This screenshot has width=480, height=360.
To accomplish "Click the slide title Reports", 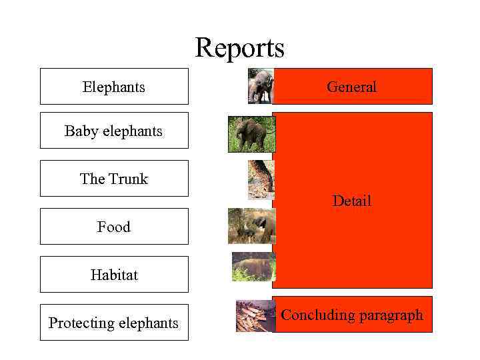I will coord(239,48).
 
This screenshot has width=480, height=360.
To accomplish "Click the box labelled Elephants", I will coord(114,87).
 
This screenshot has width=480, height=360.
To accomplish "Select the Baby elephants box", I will coord(114,131).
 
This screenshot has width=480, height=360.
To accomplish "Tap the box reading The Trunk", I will coord(114,179).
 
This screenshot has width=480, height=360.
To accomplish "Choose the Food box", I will coord(114,227).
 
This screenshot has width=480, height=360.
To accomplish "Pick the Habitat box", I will coord(114,275).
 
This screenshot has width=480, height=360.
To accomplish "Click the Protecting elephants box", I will coord(114,323).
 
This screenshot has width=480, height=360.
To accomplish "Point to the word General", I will coord(351,87).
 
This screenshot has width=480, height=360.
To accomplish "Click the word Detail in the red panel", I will coord(351,201).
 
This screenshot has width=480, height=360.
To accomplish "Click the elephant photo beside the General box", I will coord(261,86).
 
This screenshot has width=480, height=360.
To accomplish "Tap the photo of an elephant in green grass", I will coord(251,134).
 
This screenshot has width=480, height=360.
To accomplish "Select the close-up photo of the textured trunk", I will coord(261,179).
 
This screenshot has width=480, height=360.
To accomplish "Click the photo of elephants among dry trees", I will coord(251,226).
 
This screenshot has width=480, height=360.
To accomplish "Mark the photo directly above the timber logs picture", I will coord(253,267).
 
